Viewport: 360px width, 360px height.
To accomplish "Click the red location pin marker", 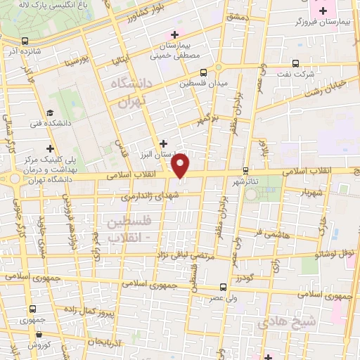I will pos(181,166).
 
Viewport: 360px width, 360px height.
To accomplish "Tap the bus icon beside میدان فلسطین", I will pos(203,72).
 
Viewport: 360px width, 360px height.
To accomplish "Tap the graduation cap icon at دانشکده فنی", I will pos(50,112).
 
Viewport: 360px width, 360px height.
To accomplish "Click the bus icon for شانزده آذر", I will pos(25,41).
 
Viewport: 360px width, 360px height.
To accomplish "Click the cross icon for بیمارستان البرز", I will pos(163,143).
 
